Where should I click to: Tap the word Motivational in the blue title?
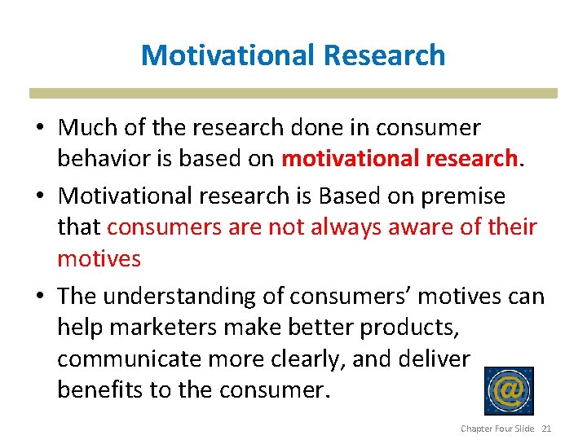click(228, 55)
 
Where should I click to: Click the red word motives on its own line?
click(99, 258)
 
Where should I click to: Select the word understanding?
click(183, 295)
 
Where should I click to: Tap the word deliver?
click(435, 359)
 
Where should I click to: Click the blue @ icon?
click(509, 391)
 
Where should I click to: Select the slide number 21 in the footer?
click(546, 429)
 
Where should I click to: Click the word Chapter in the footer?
click(475, 429)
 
